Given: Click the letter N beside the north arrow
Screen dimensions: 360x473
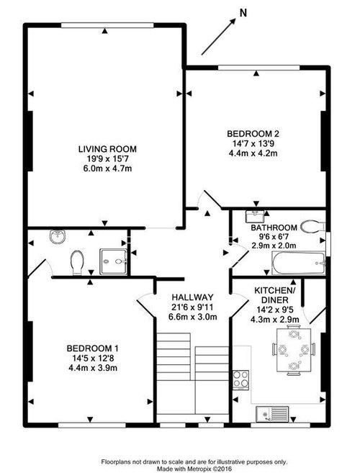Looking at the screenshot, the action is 243,13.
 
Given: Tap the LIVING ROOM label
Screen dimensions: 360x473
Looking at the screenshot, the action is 107,149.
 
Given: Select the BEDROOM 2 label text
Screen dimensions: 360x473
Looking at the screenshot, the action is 253,133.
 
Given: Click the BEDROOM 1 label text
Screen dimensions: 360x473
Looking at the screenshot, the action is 92,348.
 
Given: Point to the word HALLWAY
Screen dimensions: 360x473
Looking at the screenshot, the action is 192,297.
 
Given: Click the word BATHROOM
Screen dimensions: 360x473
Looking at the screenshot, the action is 274,228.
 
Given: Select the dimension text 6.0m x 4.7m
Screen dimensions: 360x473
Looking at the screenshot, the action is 107,168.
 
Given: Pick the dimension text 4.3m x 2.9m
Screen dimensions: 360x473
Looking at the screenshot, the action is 274,319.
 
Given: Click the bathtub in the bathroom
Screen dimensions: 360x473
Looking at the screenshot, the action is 299,263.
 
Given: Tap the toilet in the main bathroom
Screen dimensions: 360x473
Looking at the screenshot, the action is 312,226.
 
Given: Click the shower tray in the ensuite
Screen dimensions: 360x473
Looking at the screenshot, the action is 113,261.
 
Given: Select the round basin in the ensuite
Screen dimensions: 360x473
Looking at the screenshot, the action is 58,237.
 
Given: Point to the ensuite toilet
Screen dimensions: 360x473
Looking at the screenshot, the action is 77,263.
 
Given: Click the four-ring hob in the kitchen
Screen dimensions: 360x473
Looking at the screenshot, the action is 240,380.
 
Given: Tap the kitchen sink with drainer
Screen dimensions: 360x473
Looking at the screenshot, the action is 272,414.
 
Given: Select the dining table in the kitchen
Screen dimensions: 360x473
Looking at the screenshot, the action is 294,350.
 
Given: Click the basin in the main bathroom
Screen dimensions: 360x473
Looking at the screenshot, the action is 255,216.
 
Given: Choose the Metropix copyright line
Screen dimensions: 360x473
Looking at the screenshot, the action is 194,469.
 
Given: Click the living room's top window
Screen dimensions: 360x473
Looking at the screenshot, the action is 108,25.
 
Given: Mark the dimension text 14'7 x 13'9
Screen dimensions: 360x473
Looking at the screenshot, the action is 253,143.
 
